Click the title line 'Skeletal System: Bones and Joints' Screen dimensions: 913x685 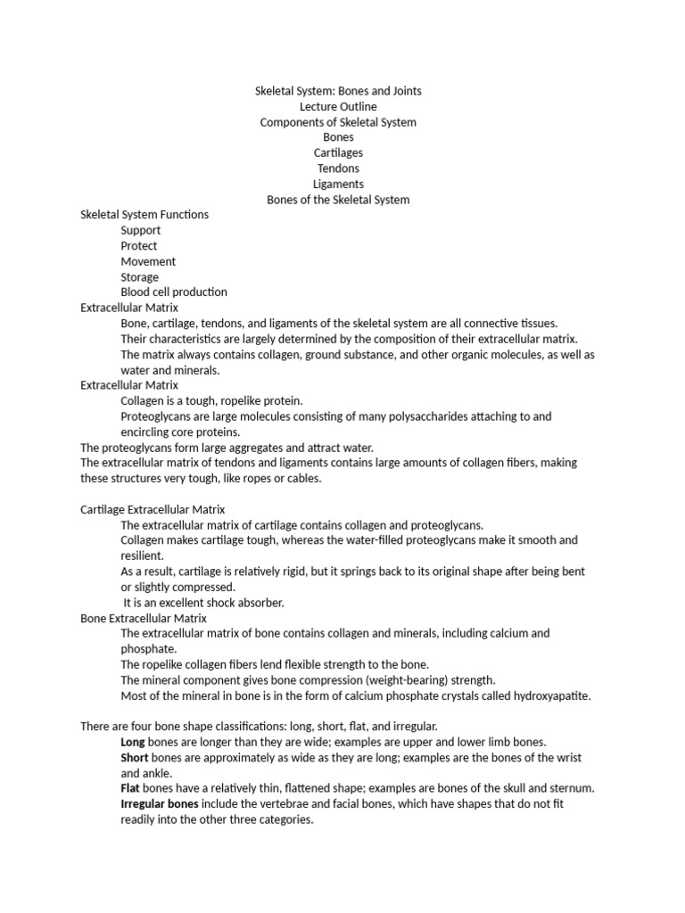(x=338, y=91)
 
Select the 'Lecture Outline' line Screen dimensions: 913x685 (x=338, y=107)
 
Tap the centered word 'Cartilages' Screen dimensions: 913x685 (x=338, y=152)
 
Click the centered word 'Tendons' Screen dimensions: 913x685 (x=338, y=169)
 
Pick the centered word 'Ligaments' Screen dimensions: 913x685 (x=338, y=184)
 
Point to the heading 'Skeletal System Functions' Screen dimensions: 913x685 (x=144, y=215)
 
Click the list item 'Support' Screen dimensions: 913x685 (x=141, y=230)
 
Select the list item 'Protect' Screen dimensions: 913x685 (x=139, y=246)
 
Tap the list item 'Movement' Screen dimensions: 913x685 (x=148, y=261)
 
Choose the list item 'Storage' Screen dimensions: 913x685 (x=140, y=277)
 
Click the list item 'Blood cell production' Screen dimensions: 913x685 (x=174, y=292)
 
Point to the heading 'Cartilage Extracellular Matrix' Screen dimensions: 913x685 (x=153, y=509)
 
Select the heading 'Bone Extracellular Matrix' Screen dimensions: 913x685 (x=144, y=618)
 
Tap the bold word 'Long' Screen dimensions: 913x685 (x=134, y=742)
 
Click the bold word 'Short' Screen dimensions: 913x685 (x=135, y=758)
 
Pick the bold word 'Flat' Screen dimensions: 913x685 (x=131, y=788)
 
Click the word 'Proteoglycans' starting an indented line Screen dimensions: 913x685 (x=156, y=416)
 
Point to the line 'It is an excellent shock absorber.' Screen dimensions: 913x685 (x=203, y=603)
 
